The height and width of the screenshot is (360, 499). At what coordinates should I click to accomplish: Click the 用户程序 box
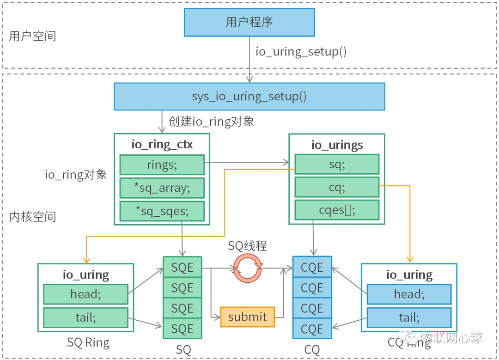[249, 22]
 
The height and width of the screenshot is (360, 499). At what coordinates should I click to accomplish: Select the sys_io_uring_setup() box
[249, 97]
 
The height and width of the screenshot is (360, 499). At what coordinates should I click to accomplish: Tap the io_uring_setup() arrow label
[301, 51]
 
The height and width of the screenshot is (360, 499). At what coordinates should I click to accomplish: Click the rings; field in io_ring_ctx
[162, 165]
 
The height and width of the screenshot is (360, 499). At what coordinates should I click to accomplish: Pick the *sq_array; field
[162, 188]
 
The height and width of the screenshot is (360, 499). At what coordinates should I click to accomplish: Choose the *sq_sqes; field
[162, 211]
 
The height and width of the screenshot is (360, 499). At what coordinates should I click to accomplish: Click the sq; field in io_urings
[336, 165]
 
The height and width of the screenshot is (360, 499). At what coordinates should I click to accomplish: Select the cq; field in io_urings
[336, 187]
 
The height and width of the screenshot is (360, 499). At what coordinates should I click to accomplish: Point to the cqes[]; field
[336, 210]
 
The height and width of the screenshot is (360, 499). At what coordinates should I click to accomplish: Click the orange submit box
[247, 317]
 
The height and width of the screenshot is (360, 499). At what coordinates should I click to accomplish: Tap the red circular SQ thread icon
[248, 268]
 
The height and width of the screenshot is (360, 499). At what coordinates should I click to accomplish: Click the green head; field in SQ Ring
[85, 294]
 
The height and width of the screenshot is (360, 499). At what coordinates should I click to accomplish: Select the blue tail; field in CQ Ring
[409, 317]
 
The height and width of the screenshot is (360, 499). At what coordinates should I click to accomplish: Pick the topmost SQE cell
[182, 268]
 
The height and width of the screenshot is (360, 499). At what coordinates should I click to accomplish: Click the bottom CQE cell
[312, 329]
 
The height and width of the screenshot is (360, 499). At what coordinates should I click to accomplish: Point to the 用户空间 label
[33, 37]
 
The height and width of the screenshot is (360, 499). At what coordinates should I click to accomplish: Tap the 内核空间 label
[33, 217]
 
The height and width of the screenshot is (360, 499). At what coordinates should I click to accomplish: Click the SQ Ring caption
[88, 343]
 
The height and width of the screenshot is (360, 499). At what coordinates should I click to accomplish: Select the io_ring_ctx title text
[162, 144]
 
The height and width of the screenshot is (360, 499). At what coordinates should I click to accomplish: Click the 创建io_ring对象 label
[211, 122]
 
